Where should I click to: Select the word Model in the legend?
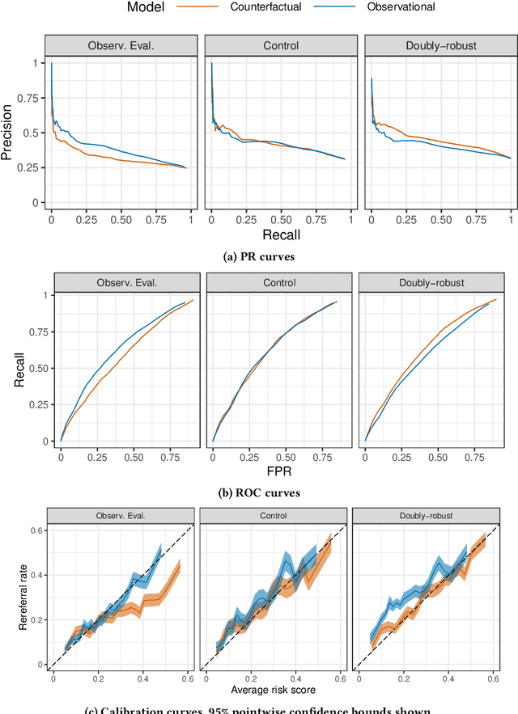[x=149, y=7]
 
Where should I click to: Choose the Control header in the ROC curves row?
[x=279, y=282]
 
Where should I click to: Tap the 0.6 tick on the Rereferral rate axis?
[x=36, y=530]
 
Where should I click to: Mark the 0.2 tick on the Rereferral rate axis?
[x=36, y=619]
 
